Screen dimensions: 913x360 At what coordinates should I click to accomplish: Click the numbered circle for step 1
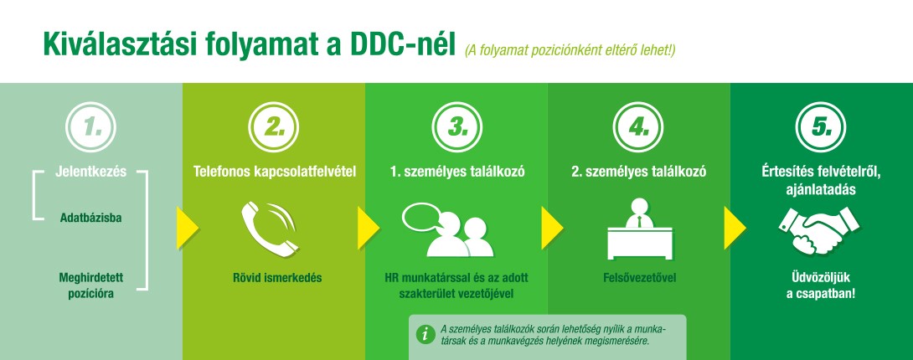90,126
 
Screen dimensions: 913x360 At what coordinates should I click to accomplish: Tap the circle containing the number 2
274,126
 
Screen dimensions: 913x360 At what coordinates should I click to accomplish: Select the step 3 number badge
457,126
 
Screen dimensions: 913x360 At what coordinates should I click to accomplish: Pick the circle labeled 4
638,126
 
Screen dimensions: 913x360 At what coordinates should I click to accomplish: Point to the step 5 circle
821,126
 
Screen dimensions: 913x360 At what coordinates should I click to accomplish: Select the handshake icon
818,231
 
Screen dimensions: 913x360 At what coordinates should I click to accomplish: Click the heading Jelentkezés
90,172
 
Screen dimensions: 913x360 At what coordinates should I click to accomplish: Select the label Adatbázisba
90,219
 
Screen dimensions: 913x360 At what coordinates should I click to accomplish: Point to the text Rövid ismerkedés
277,278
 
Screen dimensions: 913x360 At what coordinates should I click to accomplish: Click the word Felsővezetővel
639,278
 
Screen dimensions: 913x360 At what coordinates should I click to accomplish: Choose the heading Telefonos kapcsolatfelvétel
274,172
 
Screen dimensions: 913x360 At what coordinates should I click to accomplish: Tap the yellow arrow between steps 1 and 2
188,228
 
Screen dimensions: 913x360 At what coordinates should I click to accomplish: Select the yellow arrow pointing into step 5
735,228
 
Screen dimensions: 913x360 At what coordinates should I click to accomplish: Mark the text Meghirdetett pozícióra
90,285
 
